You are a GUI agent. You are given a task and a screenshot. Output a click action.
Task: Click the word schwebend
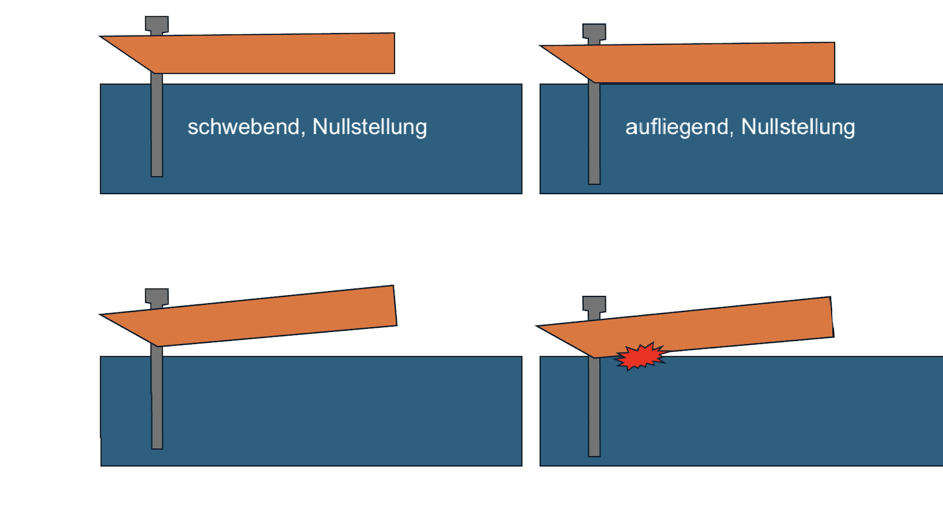[243, 127]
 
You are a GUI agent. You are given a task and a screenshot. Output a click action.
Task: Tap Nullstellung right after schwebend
[370, 127]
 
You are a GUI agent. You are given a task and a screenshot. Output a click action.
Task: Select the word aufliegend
[676, 127]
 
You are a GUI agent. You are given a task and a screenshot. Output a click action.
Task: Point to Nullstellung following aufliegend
[798, 127]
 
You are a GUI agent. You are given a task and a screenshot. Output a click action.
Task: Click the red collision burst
[640, 356]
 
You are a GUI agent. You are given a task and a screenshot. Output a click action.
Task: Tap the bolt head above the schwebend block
[157, 24]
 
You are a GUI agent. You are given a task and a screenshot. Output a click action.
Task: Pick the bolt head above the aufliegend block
[594, 32]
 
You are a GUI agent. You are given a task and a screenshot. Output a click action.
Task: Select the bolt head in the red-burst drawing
[594, 304]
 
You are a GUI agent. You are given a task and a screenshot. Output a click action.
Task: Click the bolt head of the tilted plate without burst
[157, 296]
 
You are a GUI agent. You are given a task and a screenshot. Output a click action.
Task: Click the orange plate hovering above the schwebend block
[271, 54]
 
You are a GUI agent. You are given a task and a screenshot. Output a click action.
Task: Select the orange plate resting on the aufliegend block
[711, 63]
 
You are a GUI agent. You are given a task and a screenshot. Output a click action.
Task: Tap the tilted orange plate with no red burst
[271, 316]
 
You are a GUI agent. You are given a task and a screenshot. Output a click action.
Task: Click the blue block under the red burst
[753, 415]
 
